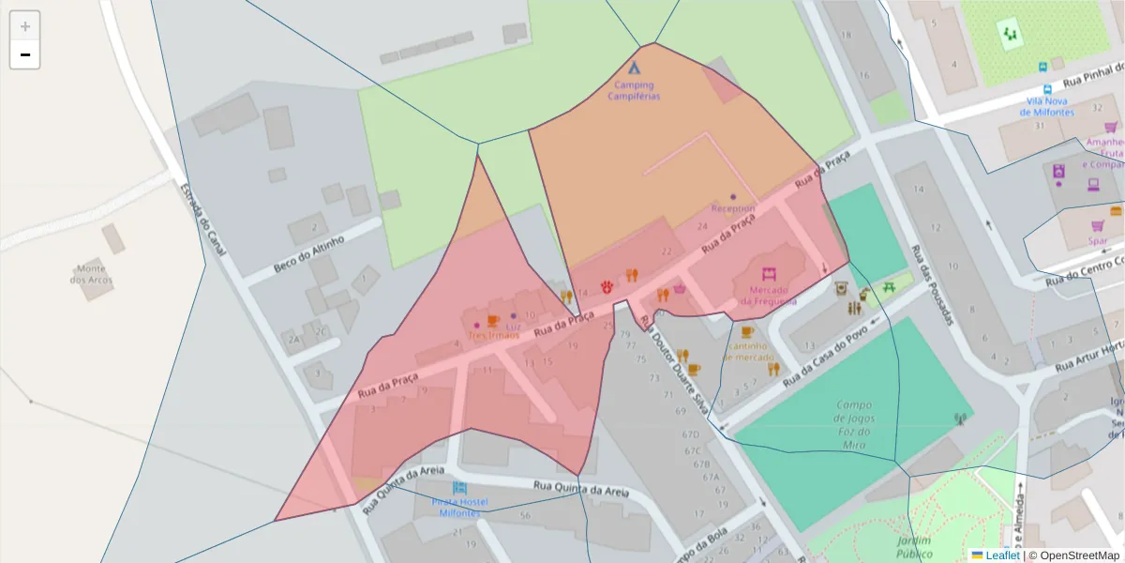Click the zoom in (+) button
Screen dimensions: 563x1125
pyautogui.click(x=25, y=26)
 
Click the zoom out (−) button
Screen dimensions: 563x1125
pyautogui.click(x=25, y=55)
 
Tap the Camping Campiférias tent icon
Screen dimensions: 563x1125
pyautogui.click(x=634, y=68)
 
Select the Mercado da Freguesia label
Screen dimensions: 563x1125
pyautogui.click(x=769, y=296)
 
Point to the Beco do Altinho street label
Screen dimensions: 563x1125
pyautogui.click(x=308, y=254)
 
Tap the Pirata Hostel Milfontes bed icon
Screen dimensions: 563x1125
pyautogui.click(x=458, y=488)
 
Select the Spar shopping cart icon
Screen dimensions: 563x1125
pyautogui.click(x=1098, y=225)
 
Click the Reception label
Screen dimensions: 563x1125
pyautogui.click(x=733, y=208)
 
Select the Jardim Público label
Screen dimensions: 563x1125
pyautogui.click(x=913, y=546)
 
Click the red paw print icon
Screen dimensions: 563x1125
pyautogui.click(x=608, y=284)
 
